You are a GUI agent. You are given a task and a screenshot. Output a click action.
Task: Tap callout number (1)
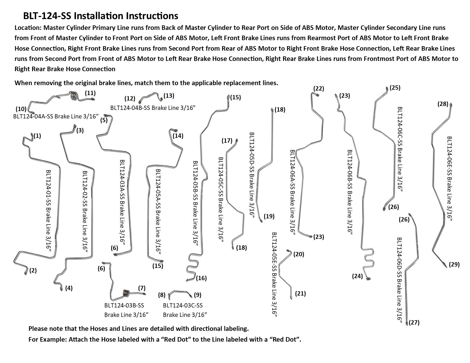tap(37, 136)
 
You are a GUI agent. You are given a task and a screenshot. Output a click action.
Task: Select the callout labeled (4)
tap(69, 288)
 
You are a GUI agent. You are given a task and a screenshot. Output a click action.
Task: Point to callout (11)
tap(90, 93)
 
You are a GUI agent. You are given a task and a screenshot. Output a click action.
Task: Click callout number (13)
tap(169, 95)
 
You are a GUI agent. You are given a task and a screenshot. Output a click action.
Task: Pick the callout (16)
tap(201, 278)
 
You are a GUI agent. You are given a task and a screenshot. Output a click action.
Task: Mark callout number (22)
tap(318, 88)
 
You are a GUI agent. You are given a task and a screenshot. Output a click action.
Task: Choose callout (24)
tap(357, 276)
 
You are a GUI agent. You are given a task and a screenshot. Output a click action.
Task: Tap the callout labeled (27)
tap(414, 323)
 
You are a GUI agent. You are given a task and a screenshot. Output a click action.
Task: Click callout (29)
tap(454, 264)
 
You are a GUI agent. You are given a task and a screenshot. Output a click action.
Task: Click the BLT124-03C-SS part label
tap(183, 305)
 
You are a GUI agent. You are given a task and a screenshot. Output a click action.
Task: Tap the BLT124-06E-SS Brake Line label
tap(449, 178)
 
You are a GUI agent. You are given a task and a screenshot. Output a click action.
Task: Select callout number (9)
tap(197, 295)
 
